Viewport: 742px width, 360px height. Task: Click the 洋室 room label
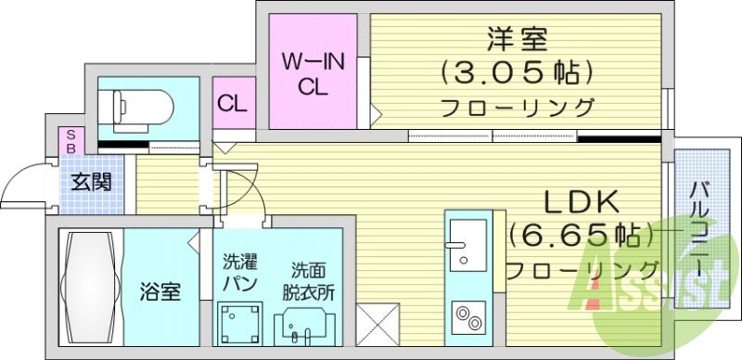click(518, 40)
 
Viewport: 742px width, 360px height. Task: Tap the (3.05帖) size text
click(518, 72)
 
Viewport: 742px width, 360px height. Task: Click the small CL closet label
click(232, 103)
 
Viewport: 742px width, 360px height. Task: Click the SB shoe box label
click(69, 141)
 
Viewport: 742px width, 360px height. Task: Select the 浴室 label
click(160, 291)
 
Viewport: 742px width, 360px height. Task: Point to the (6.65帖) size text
click(580, 236)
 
